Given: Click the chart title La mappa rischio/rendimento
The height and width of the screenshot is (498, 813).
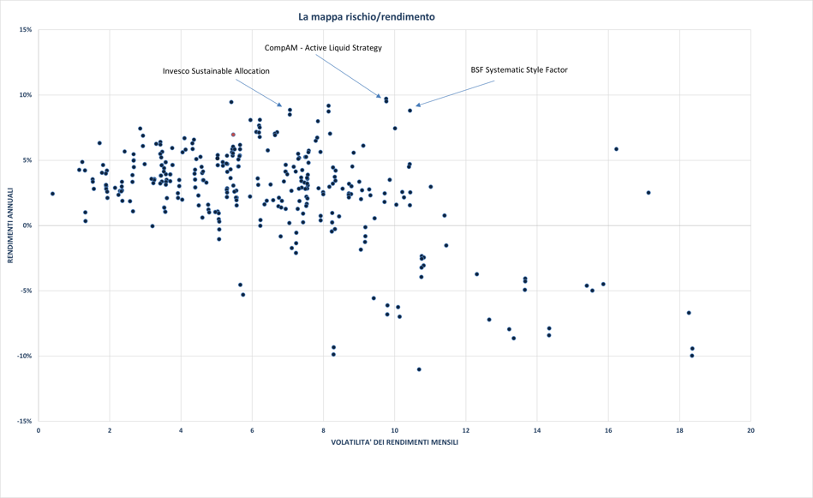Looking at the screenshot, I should click(x=366, y=16).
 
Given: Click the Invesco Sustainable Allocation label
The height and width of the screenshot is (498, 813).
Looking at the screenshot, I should click(x=216, y=71).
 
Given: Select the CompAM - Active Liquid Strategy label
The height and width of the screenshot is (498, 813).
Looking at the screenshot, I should click(x=323, y=48).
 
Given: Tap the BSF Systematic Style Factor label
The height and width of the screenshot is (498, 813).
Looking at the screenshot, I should click(x=519, y=69).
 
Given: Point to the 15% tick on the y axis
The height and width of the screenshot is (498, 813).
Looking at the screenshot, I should click(x=26, y=30).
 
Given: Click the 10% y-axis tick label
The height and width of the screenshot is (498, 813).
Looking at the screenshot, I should click(x=26, y=95).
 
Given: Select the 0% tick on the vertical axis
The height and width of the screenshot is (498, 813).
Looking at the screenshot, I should click(x=27, y=225).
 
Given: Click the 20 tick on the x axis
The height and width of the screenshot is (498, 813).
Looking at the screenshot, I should click(x=750, y=429).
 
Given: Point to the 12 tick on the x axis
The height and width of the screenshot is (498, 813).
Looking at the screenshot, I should click(x=466, y=429).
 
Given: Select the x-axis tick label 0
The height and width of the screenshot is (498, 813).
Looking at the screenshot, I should click(x=39, y=429).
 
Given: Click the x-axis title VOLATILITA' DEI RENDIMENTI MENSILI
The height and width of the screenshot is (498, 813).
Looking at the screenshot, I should click(x=395, y=442).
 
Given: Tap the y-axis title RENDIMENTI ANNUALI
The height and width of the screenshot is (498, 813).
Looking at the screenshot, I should click(x=10, y=226).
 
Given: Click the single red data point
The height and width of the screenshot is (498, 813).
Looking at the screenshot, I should click(x=233, y=135).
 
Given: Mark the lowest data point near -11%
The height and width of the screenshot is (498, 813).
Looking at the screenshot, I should click(x=419, y=369).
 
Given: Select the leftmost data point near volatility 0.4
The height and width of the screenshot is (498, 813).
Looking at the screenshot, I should click(x=52, y=194).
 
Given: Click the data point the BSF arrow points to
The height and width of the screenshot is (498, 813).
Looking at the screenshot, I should click(x=409, y=111).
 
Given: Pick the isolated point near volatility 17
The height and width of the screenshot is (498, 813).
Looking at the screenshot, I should click(x=649, y=193).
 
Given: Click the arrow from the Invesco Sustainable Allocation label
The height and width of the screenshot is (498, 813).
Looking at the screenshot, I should click(x=257, y=92).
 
